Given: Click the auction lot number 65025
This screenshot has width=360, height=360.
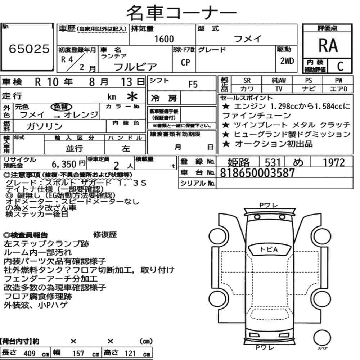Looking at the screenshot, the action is point(29,49).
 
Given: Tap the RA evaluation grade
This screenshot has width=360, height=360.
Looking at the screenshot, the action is point(328,45).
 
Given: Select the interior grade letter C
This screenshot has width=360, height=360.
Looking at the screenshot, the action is point(340,66).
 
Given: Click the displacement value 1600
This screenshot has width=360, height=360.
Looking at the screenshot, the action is point(164,39).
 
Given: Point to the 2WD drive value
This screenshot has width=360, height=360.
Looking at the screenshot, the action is point(287,61).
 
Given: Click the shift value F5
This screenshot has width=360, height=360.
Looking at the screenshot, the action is point(193,85).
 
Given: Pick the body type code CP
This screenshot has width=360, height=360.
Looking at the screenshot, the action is point(185,62).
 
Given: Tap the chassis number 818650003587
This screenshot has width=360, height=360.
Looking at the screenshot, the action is point(257,173).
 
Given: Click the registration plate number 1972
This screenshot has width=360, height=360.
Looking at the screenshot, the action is point(334,163).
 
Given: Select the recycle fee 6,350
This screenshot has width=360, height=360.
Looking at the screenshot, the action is point(64,164).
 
